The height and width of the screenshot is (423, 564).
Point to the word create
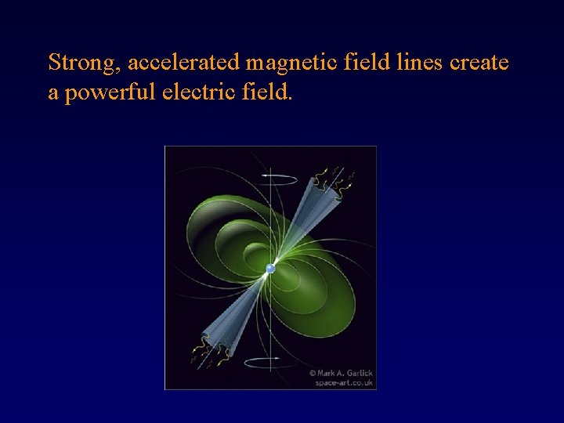479,62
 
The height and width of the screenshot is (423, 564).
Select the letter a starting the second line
53,94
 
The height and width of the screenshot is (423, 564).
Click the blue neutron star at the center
270,269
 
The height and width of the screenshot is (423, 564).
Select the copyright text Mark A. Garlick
346,372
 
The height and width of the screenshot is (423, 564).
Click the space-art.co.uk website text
345,382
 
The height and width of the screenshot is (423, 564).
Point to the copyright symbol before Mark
313,373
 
